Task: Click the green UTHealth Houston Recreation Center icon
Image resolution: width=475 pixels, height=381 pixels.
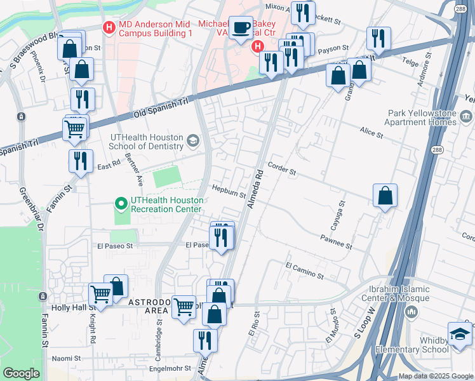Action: pyautogui.click(x=121, y=203)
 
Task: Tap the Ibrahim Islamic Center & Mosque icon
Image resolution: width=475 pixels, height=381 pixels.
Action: pyautogui.click(x=411, y=312)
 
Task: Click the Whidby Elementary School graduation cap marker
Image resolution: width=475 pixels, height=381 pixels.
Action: pyautogui.click(x=460, y=335)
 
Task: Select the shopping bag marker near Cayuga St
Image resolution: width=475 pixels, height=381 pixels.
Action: pyautogui.click(x=385, y=196)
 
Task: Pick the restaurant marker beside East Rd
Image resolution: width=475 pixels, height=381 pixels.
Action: pyautogui.click(x=81, y=161)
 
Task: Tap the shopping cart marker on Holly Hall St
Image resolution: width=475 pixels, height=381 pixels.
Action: pyautogui.click(x=100, y=294)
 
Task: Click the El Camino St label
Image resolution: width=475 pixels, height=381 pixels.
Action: pyautogui.click(x=304, y=271)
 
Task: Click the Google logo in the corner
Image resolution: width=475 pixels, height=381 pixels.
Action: pyautogui.click(x=21, y=373)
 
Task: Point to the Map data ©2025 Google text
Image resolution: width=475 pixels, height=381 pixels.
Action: pyautogui.click(x=436, y=376)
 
